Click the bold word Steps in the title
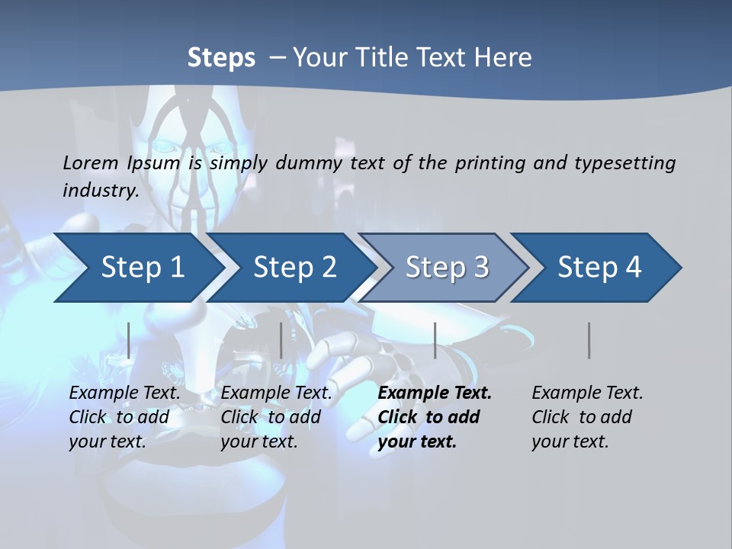click(221, 57)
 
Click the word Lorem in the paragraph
click(91, 162)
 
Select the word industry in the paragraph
click(100, 190)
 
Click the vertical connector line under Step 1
click(129, 340)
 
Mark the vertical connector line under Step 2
click(281, 340)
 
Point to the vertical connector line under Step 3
click(435, 340)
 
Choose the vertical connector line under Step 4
click(589, 340)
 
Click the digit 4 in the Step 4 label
click(632, 268)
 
